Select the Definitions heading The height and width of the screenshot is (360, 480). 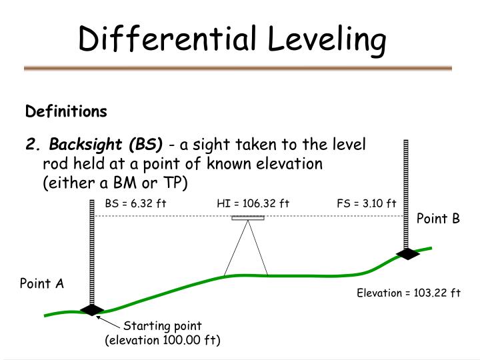pyautogui.click(x=66, y=110)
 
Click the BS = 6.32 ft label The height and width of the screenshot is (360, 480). pyautogui.click(x=135, y=203)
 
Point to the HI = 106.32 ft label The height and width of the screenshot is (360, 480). pyautogui.click(x=253, y=203)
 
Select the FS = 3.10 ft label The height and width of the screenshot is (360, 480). pyautogui.click(x=367, y=203)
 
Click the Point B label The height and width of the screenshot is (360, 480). pyautogui.click(x=438, y=219)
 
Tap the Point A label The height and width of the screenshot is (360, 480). pyautogui.click(x=41, y=284)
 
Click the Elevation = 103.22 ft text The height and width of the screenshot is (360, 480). pyautogui.click(x=409, y=292)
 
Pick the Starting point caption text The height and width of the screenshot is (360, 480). pyautogui.click(x=163, y=326)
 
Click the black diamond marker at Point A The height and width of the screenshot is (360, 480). pyautogui.click(x=91, y=310)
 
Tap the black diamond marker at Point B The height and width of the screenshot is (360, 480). pyautogui.click(x=406, y=254)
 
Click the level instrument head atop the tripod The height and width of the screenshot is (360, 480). pyautogui.click(x=248, y=218)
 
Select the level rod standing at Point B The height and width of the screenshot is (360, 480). pyautogui.click(x=406, y=193)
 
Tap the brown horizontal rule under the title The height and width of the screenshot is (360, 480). pyautogui.click(x=238, y=68)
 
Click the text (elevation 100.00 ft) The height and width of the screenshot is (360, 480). pyautogui.click(x=163, y=340)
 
